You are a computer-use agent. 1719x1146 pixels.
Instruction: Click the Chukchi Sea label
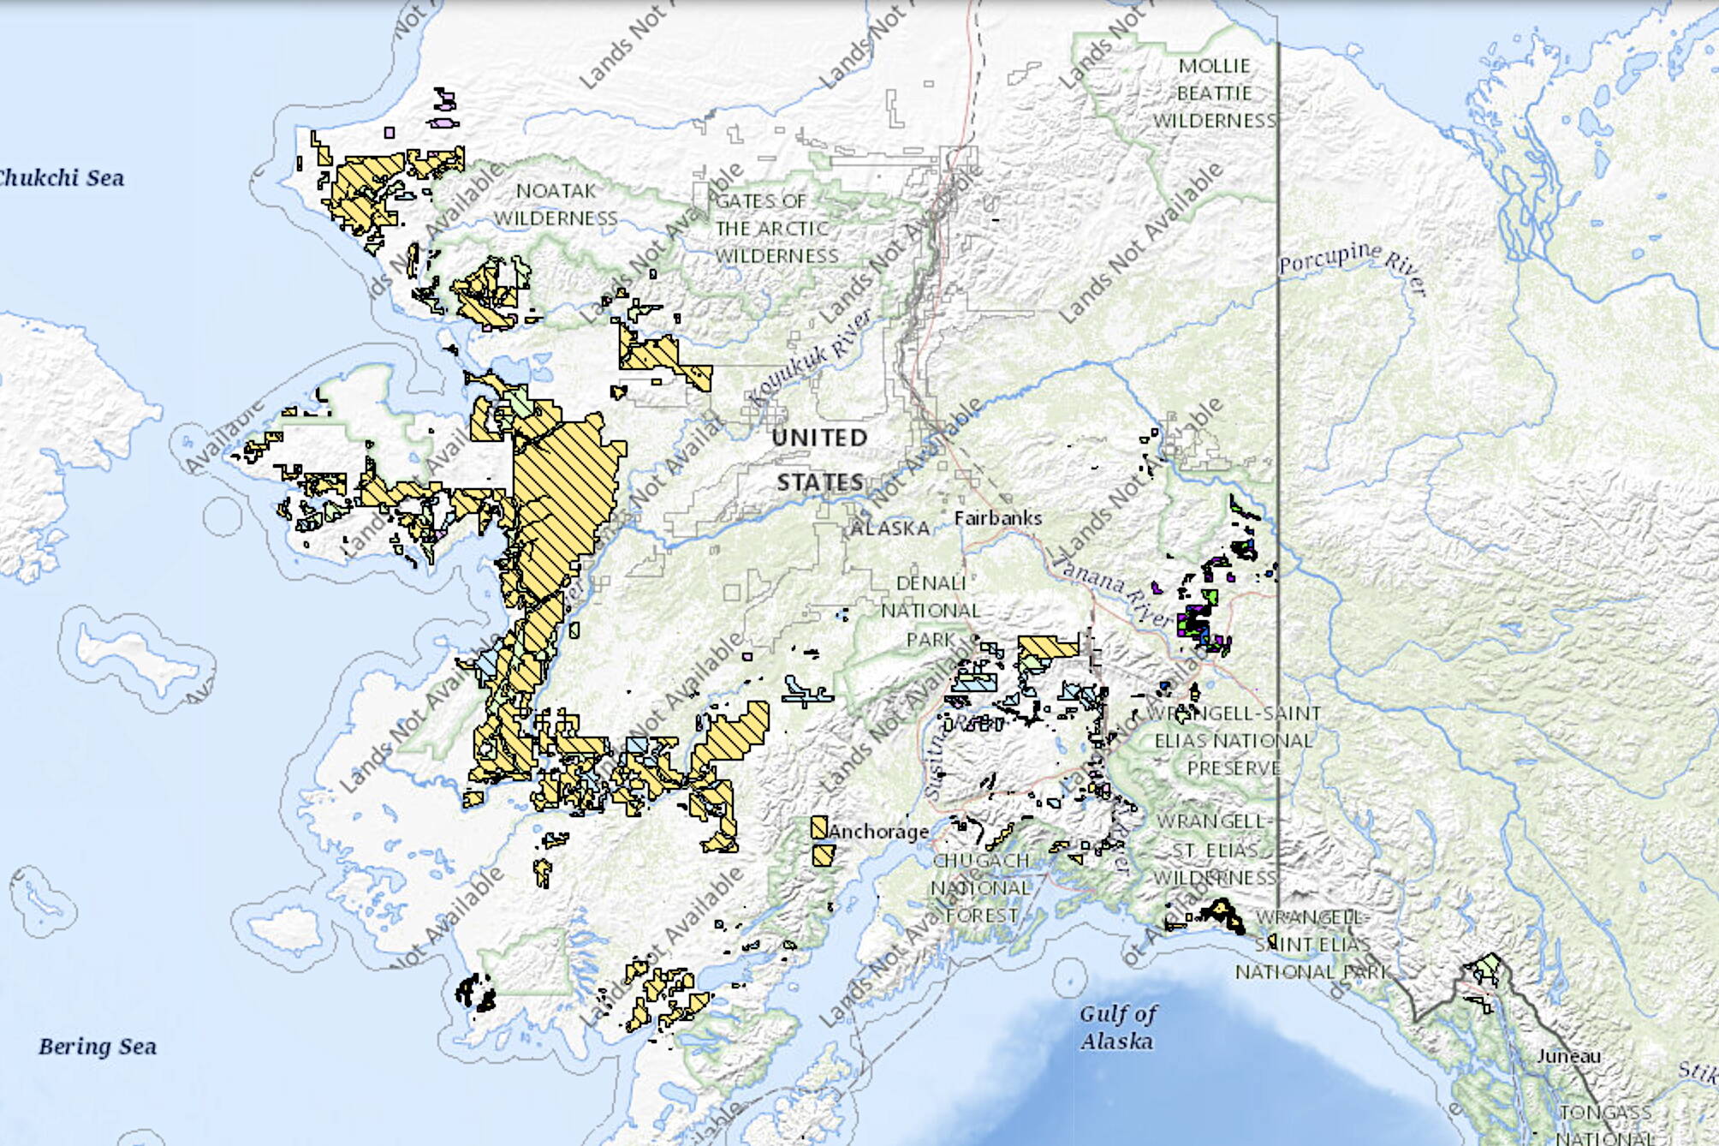[62, 178]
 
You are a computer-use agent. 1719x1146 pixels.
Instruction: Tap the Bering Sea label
[98, 1047]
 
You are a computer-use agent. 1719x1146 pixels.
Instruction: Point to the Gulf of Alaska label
[1116, 1028]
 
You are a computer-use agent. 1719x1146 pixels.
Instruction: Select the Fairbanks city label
[998, 518]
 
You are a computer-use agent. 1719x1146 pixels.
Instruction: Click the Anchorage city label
[878, 832]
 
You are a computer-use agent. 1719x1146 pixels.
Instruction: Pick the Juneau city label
[1568, 1056]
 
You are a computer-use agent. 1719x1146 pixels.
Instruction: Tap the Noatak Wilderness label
[556, 205]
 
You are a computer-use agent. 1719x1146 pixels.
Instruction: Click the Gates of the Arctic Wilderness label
[775, 229]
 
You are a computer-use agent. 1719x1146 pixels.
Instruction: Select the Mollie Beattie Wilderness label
[1214, 93]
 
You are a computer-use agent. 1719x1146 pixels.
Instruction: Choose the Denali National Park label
[931, 611]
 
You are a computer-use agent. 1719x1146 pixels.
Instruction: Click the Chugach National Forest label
[981, 888]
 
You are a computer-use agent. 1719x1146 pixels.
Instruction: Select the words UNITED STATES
[820, 460]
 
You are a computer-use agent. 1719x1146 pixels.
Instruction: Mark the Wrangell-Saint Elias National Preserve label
[1234, 741]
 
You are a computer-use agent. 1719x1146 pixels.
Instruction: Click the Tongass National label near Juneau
[1606, 1125]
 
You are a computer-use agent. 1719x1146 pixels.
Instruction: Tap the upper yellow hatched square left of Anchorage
[818, 827]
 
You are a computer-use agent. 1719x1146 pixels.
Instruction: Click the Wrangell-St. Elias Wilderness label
[1214, 850]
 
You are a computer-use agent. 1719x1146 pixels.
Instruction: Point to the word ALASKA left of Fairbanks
[889, 528]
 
